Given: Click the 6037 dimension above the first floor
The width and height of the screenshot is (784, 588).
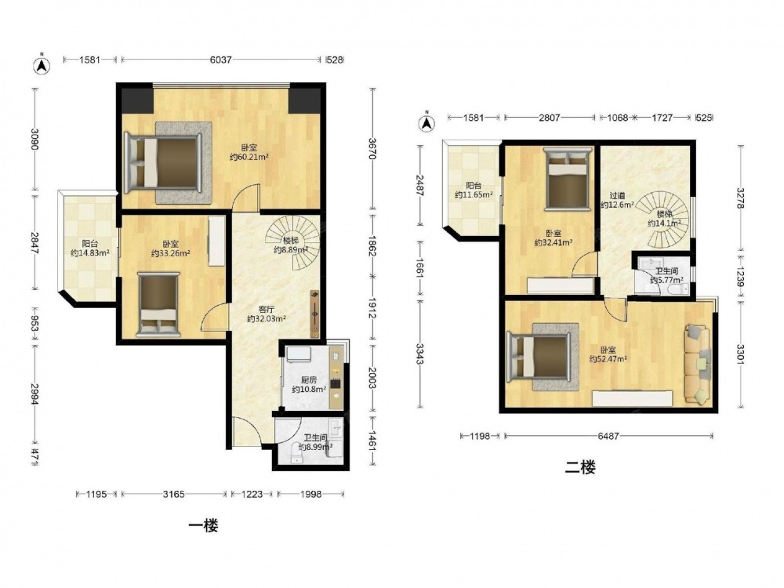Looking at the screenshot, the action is point(220,60).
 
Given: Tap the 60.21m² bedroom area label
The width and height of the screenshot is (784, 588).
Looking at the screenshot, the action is point(249,157).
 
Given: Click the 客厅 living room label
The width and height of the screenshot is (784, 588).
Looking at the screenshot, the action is point(267,310).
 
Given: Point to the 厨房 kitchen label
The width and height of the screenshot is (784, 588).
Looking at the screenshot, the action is point(308,380).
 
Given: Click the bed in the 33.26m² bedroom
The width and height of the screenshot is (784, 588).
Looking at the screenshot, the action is point(158,304).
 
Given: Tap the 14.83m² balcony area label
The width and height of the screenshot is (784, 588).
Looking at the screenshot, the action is point(90,253).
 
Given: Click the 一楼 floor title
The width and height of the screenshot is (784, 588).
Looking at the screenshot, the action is point(203,525).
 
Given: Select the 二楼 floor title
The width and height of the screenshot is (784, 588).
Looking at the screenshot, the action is point(580,468).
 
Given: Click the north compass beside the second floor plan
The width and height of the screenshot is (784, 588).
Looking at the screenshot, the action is point(426,122).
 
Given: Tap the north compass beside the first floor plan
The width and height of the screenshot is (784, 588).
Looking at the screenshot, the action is point(42,64).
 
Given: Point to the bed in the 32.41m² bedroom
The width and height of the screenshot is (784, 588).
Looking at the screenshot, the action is point(566,179).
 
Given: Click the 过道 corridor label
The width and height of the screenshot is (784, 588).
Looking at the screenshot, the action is point(617,195).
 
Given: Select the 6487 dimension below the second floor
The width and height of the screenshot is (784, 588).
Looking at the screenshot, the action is point(608,436).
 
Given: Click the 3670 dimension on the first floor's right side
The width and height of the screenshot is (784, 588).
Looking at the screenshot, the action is point(372,148).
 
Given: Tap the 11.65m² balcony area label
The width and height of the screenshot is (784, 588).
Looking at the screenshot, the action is point(474,194).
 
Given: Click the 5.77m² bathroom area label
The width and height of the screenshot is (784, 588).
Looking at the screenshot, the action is point(667,281).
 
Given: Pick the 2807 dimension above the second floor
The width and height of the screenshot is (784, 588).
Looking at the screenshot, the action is point(549,118).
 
